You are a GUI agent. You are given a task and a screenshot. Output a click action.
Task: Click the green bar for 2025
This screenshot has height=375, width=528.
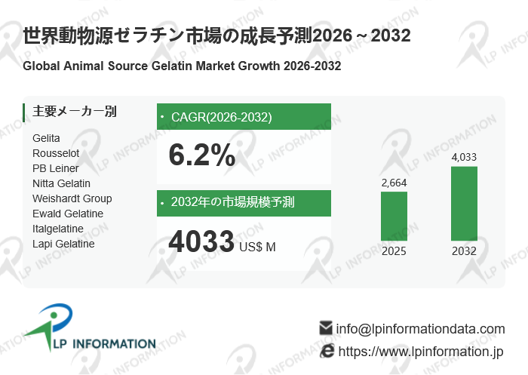[394, 217]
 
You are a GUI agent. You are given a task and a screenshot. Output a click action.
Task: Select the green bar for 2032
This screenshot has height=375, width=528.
[464, 204]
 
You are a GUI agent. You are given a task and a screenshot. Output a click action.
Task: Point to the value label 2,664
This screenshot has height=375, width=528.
[394, 183]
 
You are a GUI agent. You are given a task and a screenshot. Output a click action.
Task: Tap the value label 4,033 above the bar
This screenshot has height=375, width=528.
[464, 157]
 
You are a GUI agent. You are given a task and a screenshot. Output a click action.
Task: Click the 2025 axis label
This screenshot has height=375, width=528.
[394, 251]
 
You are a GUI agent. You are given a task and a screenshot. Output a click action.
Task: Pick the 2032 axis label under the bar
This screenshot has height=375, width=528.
[464, 251]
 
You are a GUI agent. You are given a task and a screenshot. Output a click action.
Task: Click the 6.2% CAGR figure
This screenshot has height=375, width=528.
[201, 155]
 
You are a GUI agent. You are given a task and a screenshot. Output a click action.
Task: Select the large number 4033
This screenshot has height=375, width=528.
[201, 242]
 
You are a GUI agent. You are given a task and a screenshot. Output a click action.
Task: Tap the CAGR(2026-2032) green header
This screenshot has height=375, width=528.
[244, 117]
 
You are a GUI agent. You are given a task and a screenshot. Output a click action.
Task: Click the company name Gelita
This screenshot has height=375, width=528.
[46, 138]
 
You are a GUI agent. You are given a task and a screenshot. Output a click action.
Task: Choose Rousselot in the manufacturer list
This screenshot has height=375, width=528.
[56, 153]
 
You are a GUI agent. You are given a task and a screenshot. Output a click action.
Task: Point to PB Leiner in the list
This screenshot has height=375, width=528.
[55, 168]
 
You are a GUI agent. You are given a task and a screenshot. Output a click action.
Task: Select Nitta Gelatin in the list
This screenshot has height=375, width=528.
[61, 183]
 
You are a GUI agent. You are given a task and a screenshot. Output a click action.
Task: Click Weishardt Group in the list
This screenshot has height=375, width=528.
[72, 198]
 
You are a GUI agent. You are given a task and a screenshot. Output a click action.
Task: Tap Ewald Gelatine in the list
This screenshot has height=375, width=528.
[68, 214]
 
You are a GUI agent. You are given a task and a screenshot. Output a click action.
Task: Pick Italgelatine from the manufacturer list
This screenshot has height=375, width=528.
[57, 229]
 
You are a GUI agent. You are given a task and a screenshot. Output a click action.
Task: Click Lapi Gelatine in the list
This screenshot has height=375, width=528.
[63, 244]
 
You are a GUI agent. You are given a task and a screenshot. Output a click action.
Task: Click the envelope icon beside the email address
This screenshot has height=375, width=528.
[326, 328]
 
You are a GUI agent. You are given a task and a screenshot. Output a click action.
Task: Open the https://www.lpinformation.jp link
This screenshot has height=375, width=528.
[420, 352]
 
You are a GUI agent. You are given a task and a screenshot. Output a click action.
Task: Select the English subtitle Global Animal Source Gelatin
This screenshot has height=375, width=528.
[182, 66]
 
